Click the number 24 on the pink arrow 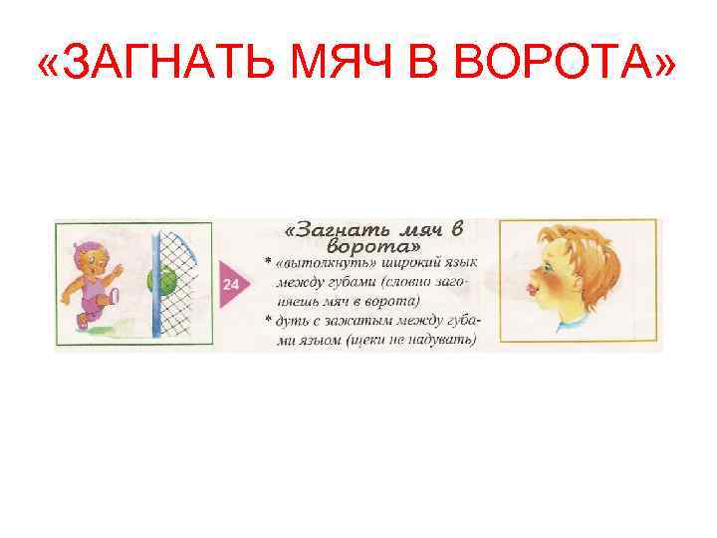[x=231, y=285]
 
